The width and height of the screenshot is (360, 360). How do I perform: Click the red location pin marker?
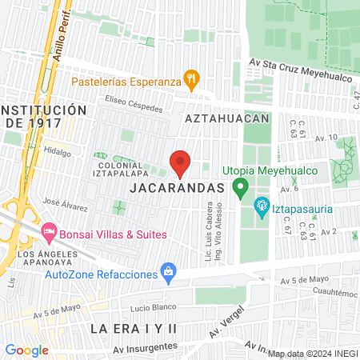(x=180, y=163)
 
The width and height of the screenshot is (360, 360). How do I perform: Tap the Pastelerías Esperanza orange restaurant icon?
(x=190, y=79)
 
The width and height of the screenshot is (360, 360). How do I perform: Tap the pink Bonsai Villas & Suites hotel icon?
(x=48, y=234)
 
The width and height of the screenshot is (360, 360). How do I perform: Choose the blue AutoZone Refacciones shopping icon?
(x=168, y=273)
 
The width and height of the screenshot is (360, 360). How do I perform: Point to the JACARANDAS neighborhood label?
(x=176, y=187)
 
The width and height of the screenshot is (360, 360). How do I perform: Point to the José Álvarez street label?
(x=66, y=206)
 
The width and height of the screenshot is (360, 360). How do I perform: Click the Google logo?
(x=26, y=350)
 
